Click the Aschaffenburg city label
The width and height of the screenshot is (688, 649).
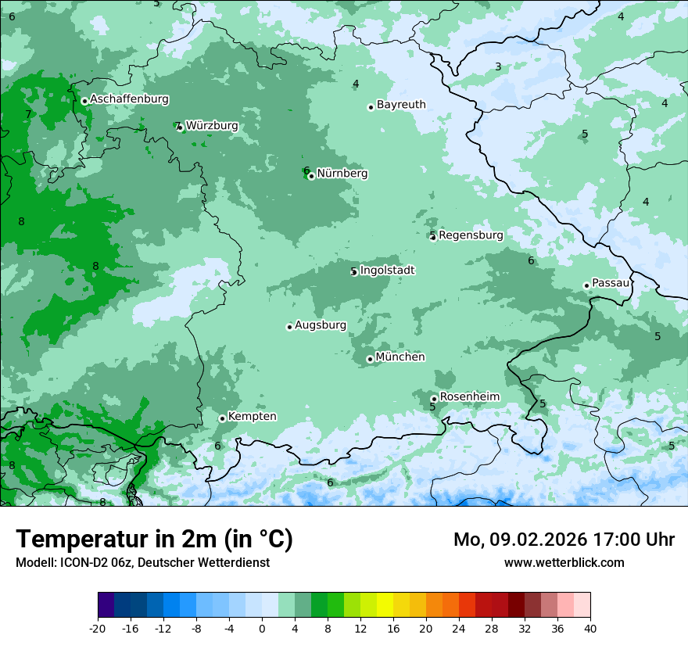pyautogui.click(x=129, y=99)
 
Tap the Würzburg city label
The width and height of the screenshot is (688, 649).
pyautogui.click(x=212, y=126)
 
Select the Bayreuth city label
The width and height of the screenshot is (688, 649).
pyautogui.click(x=401, y=105)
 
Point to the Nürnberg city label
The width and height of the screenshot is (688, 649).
pyautogui.click(x=342, y=174)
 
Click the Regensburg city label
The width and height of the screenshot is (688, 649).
pyautogui.click(x=471, y=235)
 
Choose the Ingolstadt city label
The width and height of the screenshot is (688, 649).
pyautogui.click(x=387, y=271)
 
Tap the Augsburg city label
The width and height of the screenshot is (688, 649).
pyautogui.click(x=321, y=325)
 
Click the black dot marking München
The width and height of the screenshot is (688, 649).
pyautogui.click(x=370, y=359)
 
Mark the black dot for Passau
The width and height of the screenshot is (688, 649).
pyautogui.click(x=586, y=285)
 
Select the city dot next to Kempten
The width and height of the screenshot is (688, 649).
pyautogui.click(x=222, y=418)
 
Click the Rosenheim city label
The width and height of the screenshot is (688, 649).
pyautogui.click(x=469, y=397)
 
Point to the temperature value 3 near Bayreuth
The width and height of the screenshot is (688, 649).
pyautogui.click(x=498, y=67)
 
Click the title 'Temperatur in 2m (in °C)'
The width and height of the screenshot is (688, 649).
pyautogui.click(x=154, y=540)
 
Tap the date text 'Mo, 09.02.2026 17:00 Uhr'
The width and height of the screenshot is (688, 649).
pyautogui.click(x=564, y=540)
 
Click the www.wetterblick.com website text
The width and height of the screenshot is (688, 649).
pyautogui.click(x=564, y=562)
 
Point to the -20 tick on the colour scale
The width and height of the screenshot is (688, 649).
pyautogui.click(x=98, y=628)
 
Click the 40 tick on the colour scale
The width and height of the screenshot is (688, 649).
pyautogui.click(x=589, y=628)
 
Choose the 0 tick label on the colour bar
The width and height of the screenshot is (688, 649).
pyautogui.click(x=262, y=628)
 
